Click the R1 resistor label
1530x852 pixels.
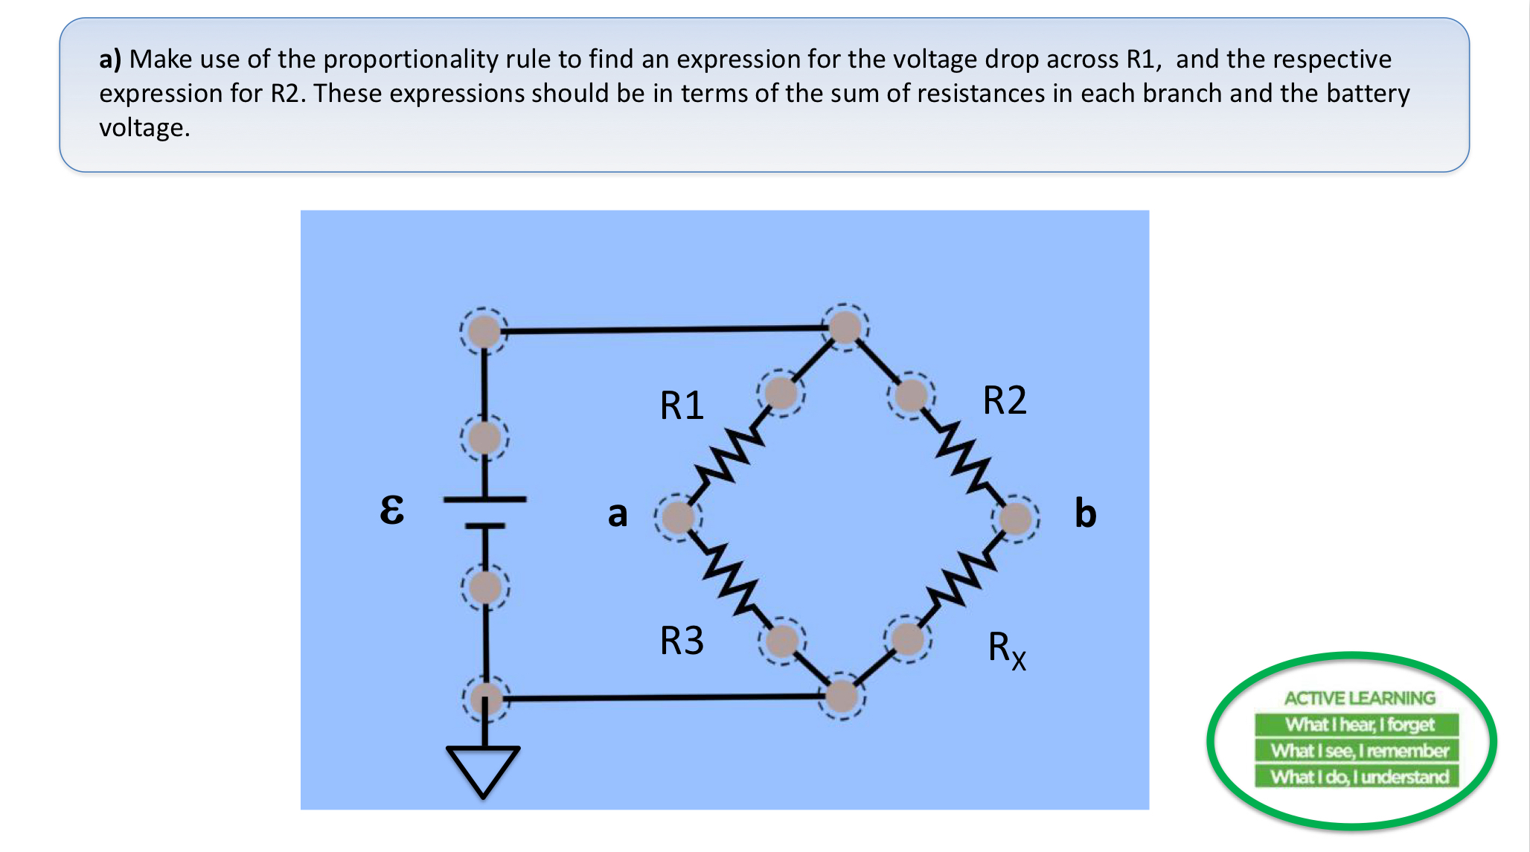click(x=682, y=406)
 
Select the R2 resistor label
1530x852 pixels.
click(x=1005, y=400)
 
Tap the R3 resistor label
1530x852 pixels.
click(x=682, y=641)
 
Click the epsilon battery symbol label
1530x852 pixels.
click(x=392, y=510)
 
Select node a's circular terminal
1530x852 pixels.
click(x=678, y=517)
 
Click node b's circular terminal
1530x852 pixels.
click(x=1016, y=518)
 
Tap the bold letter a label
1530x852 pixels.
click(x=618, y=514)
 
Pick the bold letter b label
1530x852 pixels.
click(x=1086, y=513)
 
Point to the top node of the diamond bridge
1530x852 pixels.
click(x=845, y=327)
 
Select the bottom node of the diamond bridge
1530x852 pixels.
click(x=842, y=696)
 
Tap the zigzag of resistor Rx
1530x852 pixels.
click(x=960, y=577)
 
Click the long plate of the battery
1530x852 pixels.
click(x=484, y=499)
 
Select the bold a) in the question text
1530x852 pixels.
click(x=110, y=60)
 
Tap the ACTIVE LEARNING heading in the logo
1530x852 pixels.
click(x=1359, y=698)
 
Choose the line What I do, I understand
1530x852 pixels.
click(x=1359, y=777)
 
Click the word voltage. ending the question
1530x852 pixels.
click(x=144, y=128)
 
